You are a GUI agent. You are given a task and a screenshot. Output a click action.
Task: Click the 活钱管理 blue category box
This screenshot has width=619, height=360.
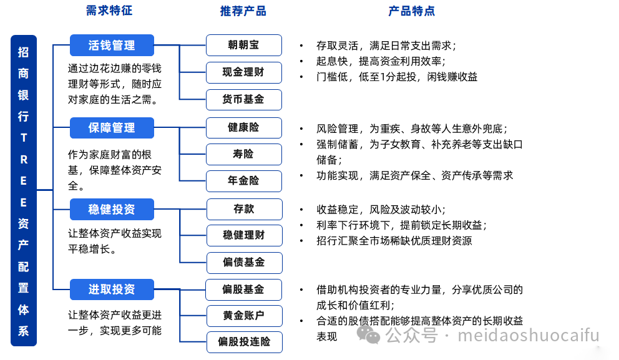[112, 46]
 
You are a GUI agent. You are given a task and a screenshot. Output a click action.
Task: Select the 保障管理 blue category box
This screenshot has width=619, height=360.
[112, 128]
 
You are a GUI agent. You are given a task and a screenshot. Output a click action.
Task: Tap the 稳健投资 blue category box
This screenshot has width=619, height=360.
[112, 209]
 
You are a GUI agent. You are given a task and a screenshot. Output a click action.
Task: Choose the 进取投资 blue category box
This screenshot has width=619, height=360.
[112, 289]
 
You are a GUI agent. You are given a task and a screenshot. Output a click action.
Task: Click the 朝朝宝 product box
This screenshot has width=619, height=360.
[243, 46]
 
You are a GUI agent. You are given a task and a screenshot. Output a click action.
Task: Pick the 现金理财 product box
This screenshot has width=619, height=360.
[243, 72]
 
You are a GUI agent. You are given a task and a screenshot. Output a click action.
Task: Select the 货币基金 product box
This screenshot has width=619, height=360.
[243, 100]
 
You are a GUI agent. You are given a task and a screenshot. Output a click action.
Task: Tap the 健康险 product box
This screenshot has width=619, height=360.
[243, 128]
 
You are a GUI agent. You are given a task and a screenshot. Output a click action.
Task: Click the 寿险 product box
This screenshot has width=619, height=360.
[243, 154]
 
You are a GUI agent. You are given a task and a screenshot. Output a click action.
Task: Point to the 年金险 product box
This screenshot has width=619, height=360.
[243, 181]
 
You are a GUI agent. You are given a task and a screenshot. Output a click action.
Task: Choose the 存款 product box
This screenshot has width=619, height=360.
[243, 209]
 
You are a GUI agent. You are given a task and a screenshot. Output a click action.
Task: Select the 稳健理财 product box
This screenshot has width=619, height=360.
[243, 235]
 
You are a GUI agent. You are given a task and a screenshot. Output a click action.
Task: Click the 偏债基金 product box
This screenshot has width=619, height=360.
[243, 263]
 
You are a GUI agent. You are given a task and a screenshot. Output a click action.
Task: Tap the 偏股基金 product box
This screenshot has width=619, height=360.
[243, 289]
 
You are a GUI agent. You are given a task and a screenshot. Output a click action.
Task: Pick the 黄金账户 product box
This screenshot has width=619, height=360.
[243, 316]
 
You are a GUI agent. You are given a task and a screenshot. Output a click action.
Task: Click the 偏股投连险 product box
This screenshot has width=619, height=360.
[243, 342]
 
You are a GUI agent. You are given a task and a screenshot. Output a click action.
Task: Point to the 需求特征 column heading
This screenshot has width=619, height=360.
[109, 11]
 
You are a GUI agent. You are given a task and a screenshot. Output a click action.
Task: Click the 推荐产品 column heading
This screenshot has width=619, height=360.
[243, 11]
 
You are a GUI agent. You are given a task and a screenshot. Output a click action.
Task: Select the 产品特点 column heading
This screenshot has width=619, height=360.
[411, 11]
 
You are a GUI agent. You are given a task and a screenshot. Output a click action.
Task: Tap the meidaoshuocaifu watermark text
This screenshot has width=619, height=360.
[529, 336]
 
